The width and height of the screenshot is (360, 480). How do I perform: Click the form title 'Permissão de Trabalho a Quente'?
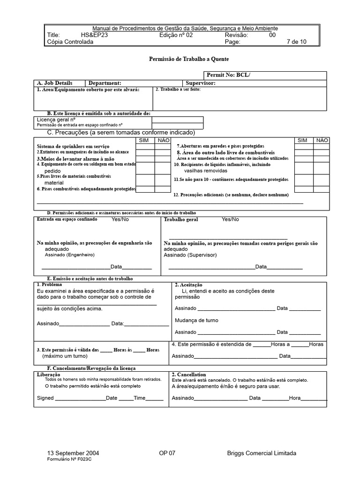[x=189, y=59]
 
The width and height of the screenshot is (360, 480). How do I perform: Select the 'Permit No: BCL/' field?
[x=265, y=75]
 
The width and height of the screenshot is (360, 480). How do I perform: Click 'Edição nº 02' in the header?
[x=176, y=35]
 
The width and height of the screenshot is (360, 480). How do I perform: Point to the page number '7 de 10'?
[x=296, y=41]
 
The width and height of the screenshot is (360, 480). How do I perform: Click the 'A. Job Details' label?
[x=55, y=83]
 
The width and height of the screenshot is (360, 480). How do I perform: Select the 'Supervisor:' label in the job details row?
[x=201, y=83]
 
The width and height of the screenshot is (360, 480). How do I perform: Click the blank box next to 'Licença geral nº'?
[x=178, y=120]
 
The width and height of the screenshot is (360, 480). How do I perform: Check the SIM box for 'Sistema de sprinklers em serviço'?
[x=145, y=146]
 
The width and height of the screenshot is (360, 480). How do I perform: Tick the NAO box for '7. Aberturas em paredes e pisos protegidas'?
[x=322, y=146]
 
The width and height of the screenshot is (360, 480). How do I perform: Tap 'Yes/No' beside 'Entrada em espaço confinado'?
[x=120, y=219]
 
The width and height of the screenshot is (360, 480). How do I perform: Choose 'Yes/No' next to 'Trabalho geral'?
[x=230, y=219]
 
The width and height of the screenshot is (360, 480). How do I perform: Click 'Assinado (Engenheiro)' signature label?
[x=69, y=255]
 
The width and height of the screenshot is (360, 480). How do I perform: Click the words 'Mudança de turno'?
[x=196, y=320]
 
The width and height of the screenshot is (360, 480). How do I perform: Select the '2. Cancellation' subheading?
[x=189, y=375]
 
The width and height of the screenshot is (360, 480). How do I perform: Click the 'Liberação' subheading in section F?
[x=48, y=375]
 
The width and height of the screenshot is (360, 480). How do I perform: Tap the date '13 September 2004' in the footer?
[x=73, y=453]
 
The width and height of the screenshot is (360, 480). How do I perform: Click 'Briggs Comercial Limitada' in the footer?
[x=262, y=453]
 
